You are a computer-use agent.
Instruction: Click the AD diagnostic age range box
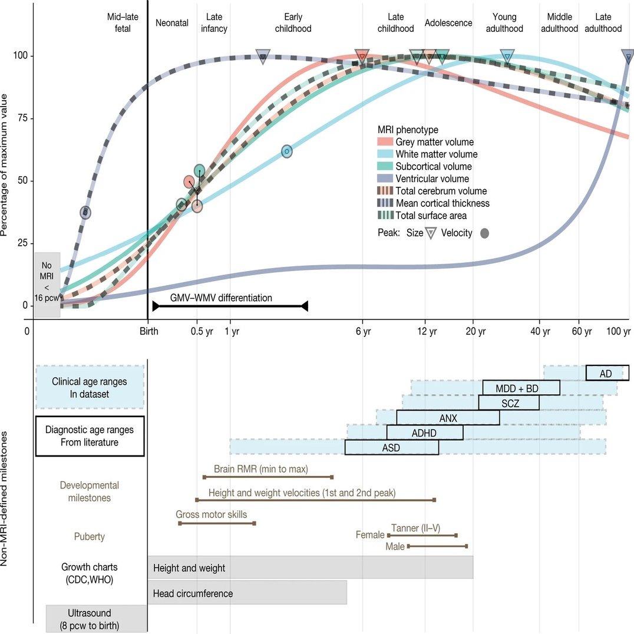pyautogui.click(x=607, y=373)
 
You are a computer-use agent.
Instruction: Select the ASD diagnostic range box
pyautogui.click(x=391, y=447)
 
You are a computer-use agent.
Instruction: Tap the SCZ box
pyautogui.click(x=508, y=402)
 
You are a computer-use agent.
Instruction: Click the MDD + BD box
pyautogui.click(x=521, y=388)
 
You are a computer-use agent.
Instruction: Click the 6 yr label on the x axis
pyautogui.click(x=363, y=332)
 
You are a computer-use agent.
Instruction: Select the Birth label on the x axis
pyautogui.click(x=148, y=332)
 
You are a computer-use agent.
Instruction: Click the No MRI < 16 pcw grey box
pyautogui.click(x=47, y=285)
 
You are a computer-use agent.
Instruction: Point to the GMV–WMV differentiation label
pyautogui.click(x=222, y=298)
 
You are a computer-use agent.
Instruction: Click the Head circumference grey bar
pyautogui.click(x=247, y=593)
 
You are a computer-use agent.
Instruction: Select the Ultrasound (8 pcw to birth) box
pyautogui.click(x=97, y=619)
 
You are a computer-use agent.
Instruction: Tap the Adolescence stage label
pyautogui.click(x=448, y=23)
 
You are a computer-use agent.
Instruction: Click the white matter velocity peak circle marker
pyautogui.click(x=286, y=151)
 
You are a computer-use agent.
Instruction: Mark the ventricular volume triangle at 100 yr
pyautogui.click(x=628, y=57)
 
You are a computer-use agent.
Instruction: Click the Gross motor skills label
pyautogui.click(x=212, y=514)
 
